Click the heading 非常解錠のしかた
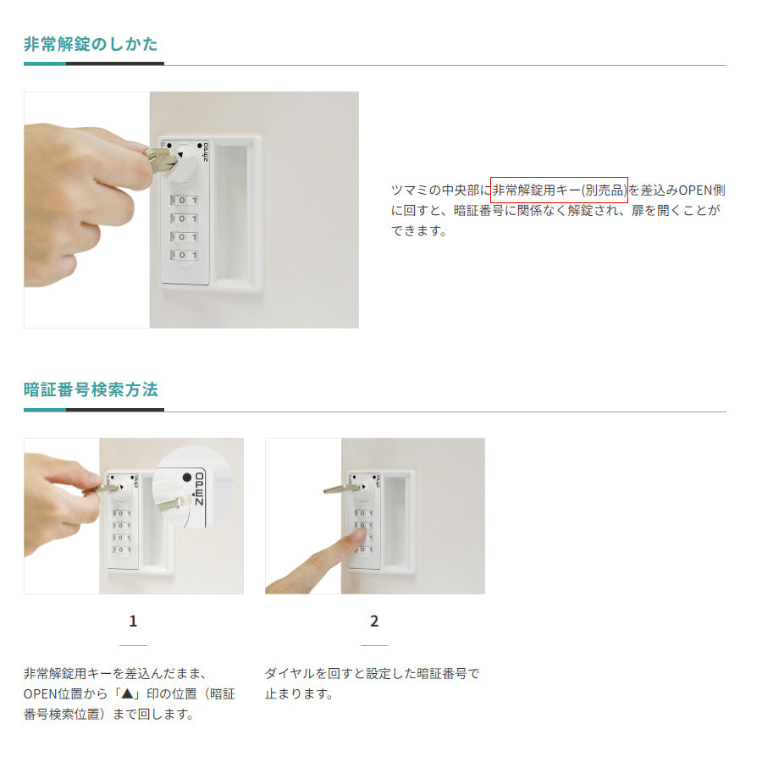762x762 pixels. (x=91, y=45)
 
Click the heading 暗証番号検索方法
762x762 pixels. (x=91, y=390)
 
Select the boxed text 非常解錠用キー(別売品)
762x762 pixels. (x=559, y=190)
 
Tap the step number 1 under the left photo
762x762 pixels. (x=133, y=621)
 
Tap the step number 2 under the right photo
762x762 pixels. (x=374, y=621)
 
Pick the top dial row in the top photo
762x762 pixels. (x=185, y=200)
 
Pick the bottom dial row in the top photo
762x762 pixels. (x=185, y=255)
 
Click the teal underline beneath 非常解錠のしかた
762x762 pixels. (x=45, y=63)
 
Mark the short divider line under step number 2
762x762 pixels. (x=374, y=646)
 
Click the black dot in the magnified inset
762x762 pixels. (x=185, y=478)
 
